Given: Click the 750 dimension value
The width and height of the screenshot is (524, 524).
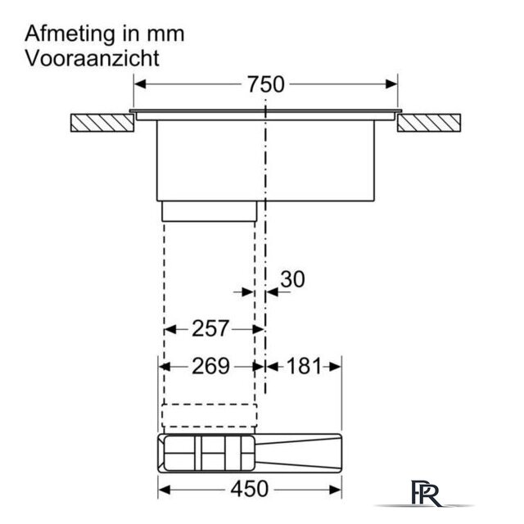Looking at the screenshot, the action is pyautogui.click(x=265, y=84).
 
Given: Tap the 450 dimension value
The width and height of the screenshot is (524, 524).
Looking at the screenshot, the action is pyautogui.click(x=249, y=489).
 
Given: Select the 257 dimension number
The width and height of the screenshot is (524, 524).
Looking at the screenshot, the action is pyautogui.click(x=210, y=328).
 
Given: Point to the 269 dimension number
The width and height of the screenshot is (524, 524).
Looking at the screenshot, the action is pyautogui.click(x=210, y=366).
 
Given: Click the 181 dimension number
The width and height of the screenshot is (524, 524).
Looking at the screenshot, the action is pyautogui.click(x=304, y=366).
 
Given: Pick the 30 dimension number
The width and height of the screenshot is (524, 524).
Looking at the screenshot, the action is pyautogui.click(x=292, y=279).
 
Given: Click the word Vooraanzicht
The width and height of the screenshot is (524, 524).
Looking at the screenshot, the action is pyautogui.click(x=92, y=58).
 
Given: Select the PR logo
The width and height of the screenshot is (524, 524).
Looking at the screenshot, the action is pyautogui.click(x=426, y=493).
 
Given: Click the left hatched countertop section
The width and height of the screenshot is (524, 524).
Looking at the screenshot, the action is pyautogui.click(x=102, y=123).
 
